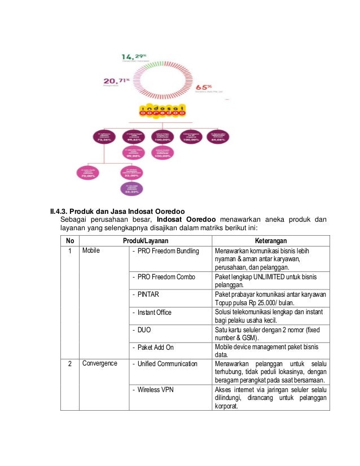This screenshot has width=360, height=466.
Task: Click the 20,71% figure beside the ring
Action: (x=115, y=82)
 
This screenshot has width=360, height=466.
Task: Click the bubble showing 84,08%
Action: (x=217, y=137)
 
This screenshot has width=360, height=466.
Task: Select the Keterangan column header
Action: (x=273, y=239)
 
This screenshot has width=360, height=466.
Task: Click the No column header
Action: (x=70, y=239)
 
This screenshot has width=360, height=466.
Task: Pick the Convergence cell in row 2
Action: (x=100, y=363)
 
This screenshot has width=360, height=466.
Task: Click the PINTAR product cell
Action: (x=143, y=294)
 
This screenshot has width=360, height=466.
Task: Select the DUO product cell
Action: (x=141, y=330)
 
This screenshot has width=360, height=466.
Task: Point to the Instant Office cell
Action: (x=153, y=312)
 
